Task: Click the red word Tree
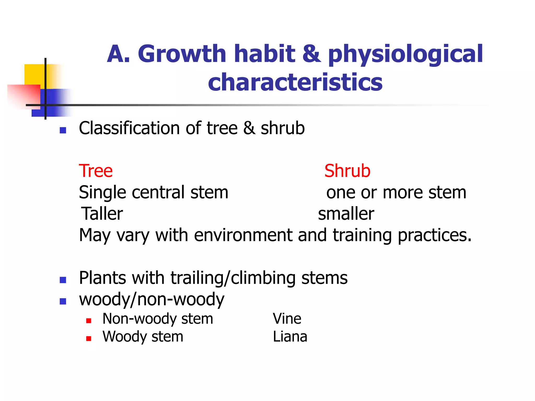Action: coord(96,171)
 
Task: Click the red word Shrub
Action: coord(347,171)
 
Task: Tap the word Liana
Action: coord(290,337)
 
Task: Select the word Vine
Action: coord(287,319)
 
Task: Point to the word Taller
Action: coord(102,214)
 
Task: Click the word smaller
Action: coord(346,214)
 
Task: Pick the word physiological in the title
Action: coord(405,54)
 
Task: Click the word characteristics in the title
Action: coord(295,82)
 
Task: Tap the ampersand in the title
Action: coord(312,54)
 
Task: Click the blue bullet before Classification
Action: coord(63,130)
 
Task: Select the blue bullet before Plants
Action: coord(63,280)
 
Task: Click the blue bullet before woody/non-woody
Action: coord(63,302)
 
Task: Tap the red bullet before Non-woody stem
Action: coord(89,321)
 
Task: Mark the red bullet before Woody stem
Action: coord(89,339)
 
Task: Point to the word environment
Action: coord(243,235)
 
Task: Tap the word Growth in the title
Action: coord(182,54)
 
